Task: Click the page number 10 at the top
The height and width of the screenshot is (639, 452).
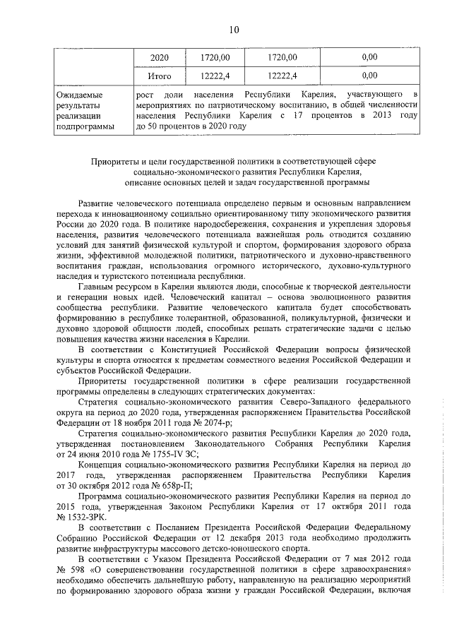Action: click(234, 29)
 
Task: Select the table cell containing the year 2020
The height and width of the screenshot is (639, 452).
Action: click(160, 56)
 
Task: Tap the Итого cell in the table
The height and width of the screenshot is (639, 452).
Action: click(160, 73)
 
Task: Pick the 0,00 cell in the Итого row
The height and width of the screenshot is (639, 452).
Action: click(369, 73)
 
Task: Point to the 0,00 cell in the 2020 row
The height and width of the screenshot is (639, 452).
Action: click(369, 56)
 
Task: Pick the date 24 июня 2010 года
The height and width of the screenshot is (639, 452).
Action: click(105, 454)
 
